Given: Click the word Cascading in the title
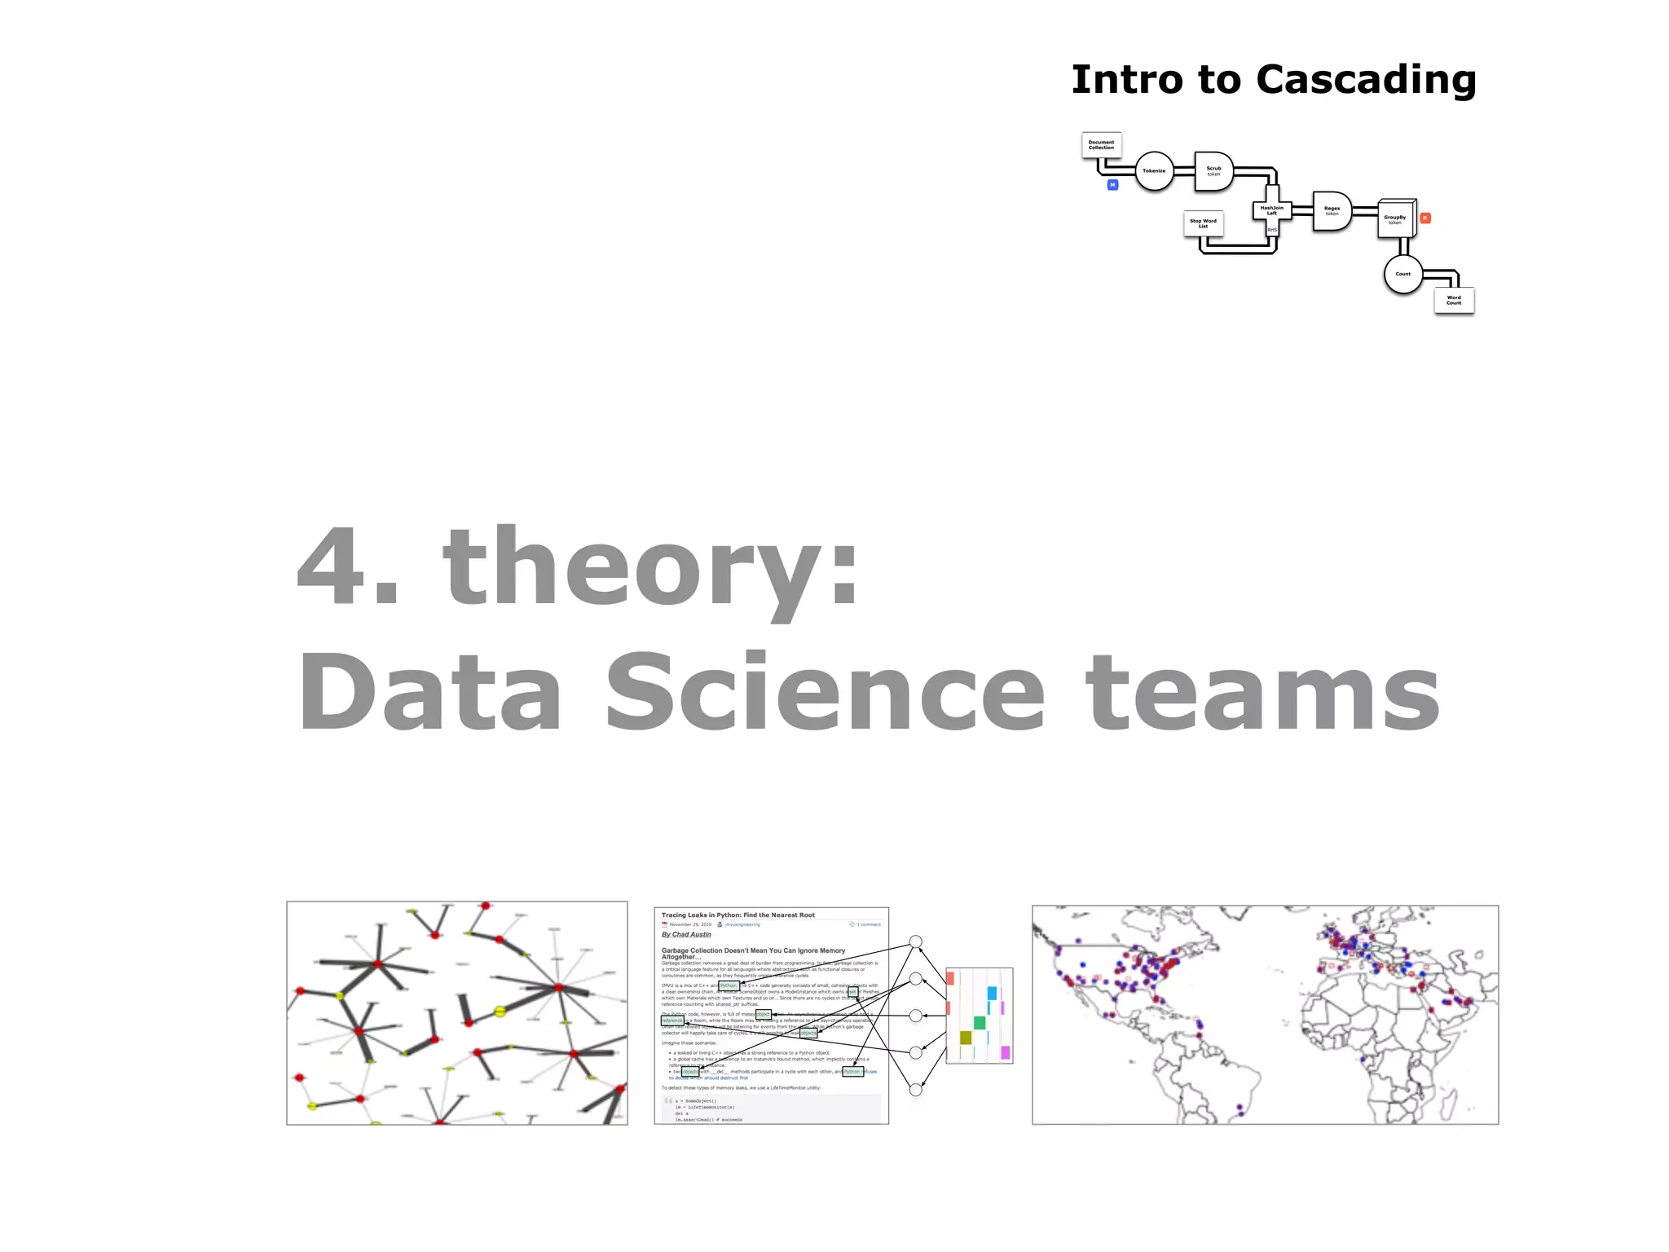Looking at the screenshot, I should [x=1366, y=81].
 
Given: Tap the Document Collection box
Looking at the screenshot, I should [x=1101, y=145].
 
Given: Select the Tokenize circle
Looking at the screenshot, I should [x=1154, y=171].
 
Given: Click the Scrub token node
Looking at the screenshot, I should [x=1213, y=171].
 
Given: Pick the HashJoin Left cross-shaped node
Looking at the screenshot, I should [x=1271, y=211].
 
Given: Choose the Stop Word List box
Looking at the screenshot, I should [x=1203, y=223].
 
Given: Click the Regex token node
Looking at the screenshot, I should [x=1332, y=211].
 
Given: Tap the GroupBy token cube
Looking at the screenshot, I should [x=1395, y=219].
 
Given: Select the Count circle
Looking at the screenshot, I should [x=1403, y=274].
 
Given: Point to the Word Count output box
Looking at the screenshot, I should [x=1454, y=300].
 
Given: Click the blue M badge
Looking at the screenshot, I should [x=1112, y=185].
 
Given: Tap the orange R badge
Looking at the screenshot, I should [x=1425, y=218].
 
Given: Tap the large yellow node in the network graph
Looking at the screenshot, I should [x=500, y=1012].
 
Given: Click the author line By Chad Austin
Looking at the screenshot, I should [x=686, y=935].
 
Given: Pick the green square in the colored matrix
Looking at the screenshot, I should [x=980, y=1023].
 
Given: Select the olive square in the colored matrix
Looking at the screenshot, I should [x=966, y=1038].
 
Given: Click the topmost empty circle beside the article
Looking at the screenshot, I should [x=916, y=941].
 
